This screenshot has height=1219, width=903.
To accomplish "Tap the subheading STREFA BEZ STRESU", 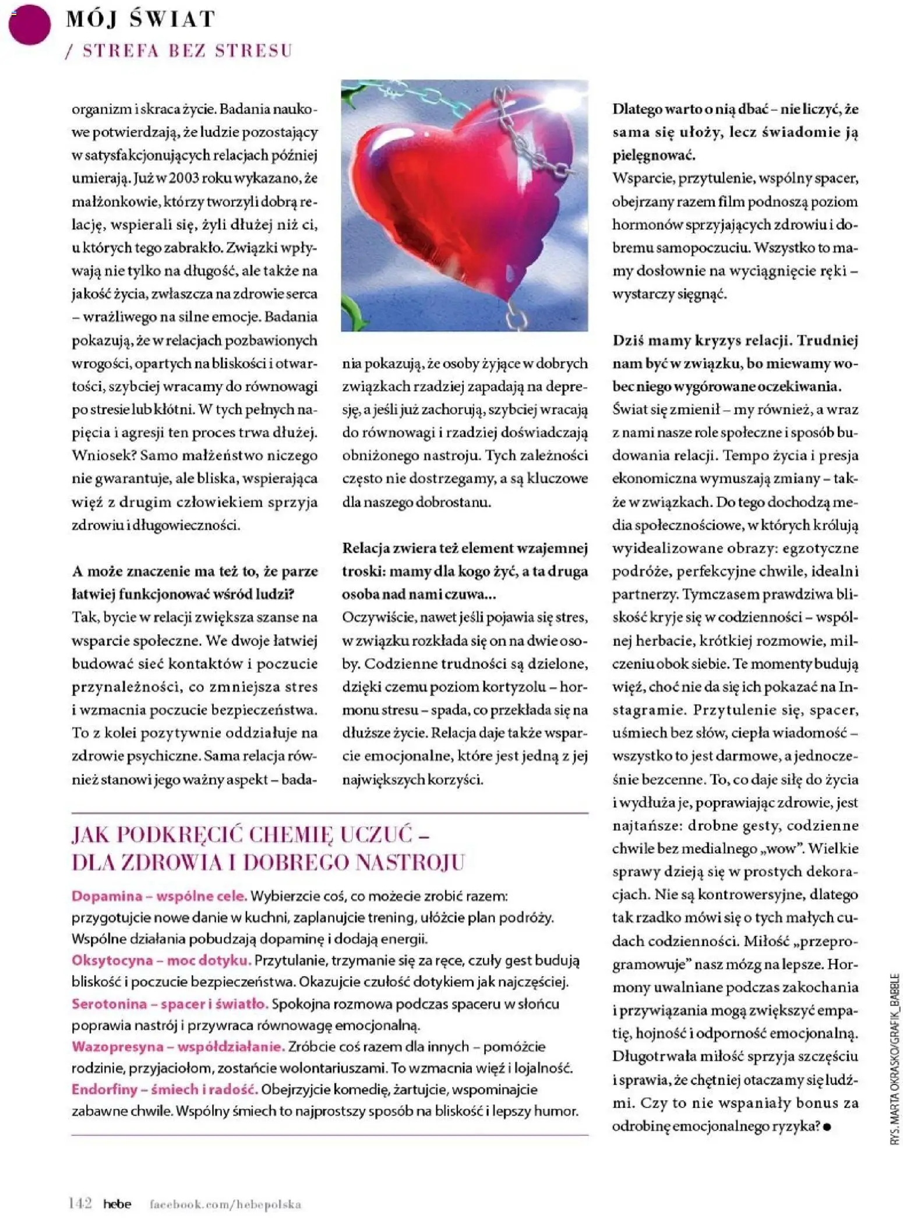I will [x=187, y=51].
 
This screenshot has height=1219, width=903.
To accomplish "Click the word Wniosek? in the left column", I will [x=103, y=455].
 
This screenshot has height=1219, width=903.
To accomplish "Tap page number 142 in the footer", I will [x=80, y=1203].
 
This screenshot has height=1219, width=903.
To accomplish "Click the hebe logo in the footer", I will [x=117, y=1204].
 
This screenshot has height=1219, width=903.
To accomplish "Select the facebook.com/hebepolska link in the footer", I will [x=225, y=1204].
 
